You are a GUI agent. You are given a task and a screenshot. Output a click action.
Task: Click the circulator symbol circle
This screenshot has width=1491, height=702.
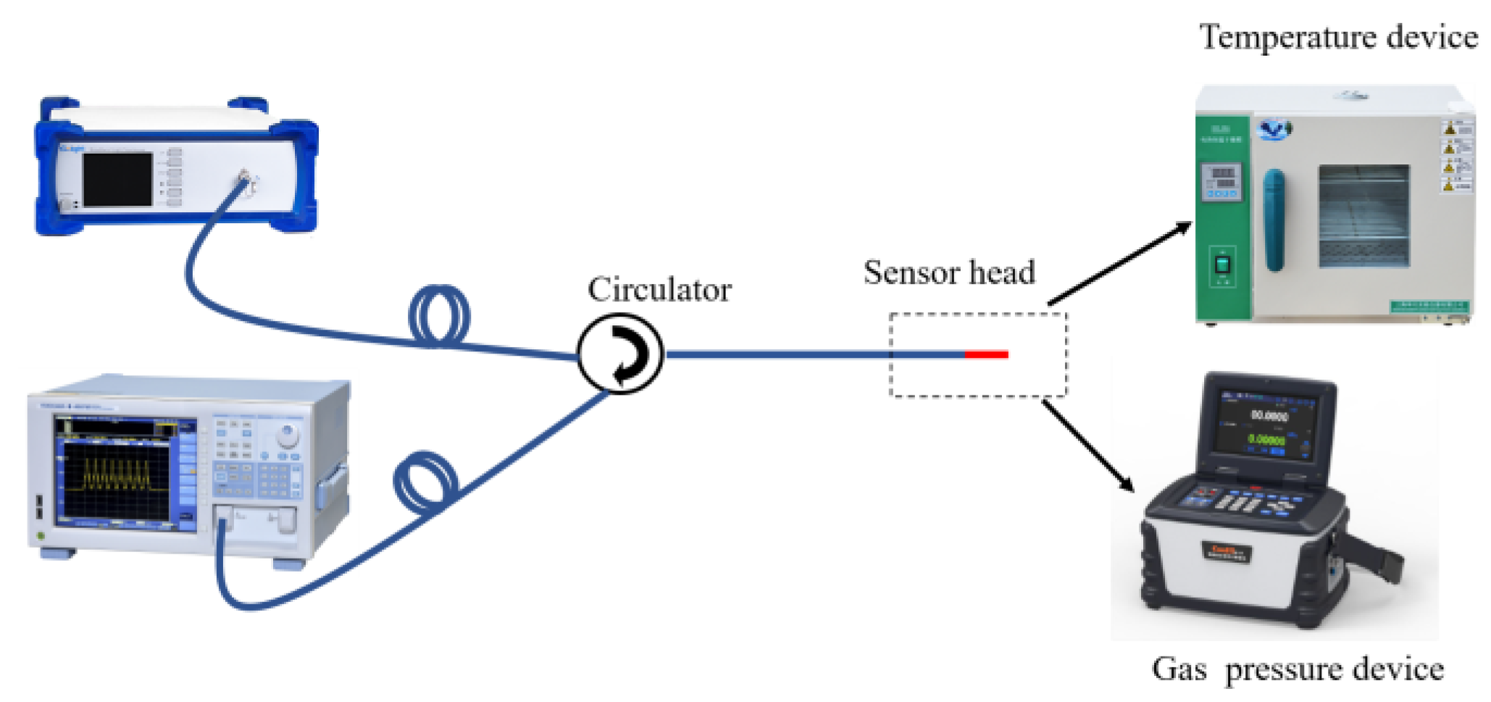620,354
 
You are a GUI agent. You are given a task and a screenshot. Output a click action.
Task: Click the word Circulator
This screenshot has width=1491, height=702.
659,290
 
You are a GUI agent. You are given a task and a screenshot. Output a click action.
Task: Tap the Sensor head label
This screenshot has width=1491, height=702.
948,273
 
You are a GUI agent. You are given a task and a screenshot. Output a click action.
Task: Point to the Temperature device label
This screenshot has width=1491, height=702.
1337,37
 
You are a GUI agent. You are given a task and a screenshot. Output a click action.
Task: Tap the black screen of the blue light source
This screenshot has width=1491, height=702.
117,179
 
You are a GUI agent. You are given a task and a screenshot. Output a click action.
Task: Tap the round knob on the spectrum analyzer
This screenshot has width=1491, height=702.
288,435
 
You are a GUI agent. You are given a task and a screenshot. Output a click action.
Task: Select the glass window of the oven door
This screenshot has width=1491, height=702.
1363,216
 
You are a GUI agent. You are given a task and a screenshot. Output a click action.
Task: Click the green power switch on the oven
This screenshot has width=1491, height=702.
1222,264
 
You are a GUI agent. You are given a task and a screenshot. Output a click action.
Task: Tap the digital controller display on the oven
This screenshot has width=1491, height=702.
1222,181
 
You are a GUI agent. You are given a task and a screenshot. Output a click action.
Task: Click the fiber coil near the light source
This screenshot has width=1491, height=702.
439,316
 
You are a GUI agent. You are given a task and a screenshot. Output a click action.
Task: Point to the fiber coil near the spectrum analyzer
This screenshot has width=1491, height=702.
426,482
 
